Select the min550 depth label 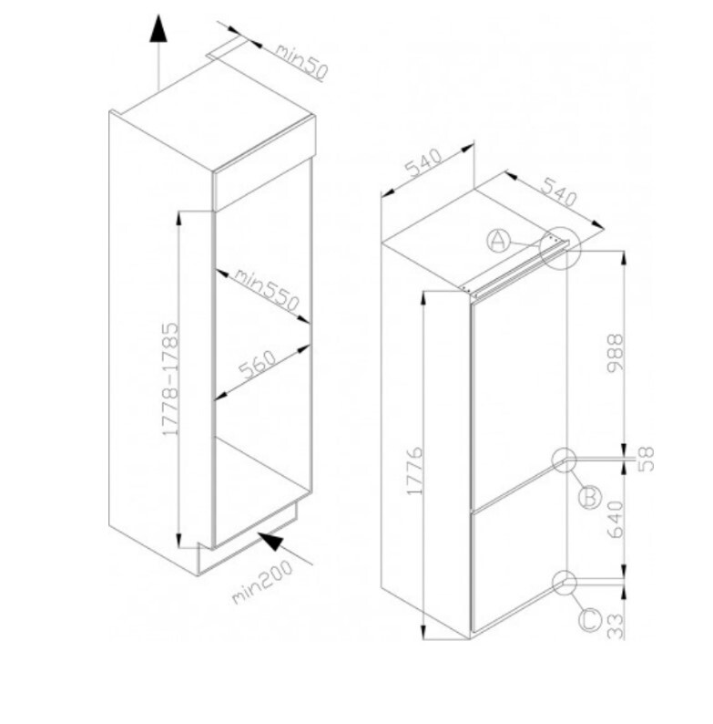tap(267, 290)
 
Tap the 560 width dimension tap(258, 365)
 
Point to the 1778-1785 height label tap(170, 378)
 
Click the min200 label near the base tap(262, 582)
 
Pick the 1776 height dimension tap(414, 471)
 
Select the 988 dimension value tap(615, 353)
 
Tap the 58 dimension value tap(647, 459)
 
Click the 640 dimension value tap(616, 520)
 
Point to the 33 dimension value tap(616, 626)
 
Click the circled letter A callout tap(498, 241)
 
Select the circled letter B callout tap(590, 497)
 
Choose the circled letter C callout tap(590, 620)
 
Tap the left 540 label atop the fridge tap(423, 163)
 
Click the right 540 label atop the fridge tap(559, 191)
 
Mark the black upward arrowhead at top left tap(158, 28)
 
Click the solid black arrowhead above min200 tap(270, 541)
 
